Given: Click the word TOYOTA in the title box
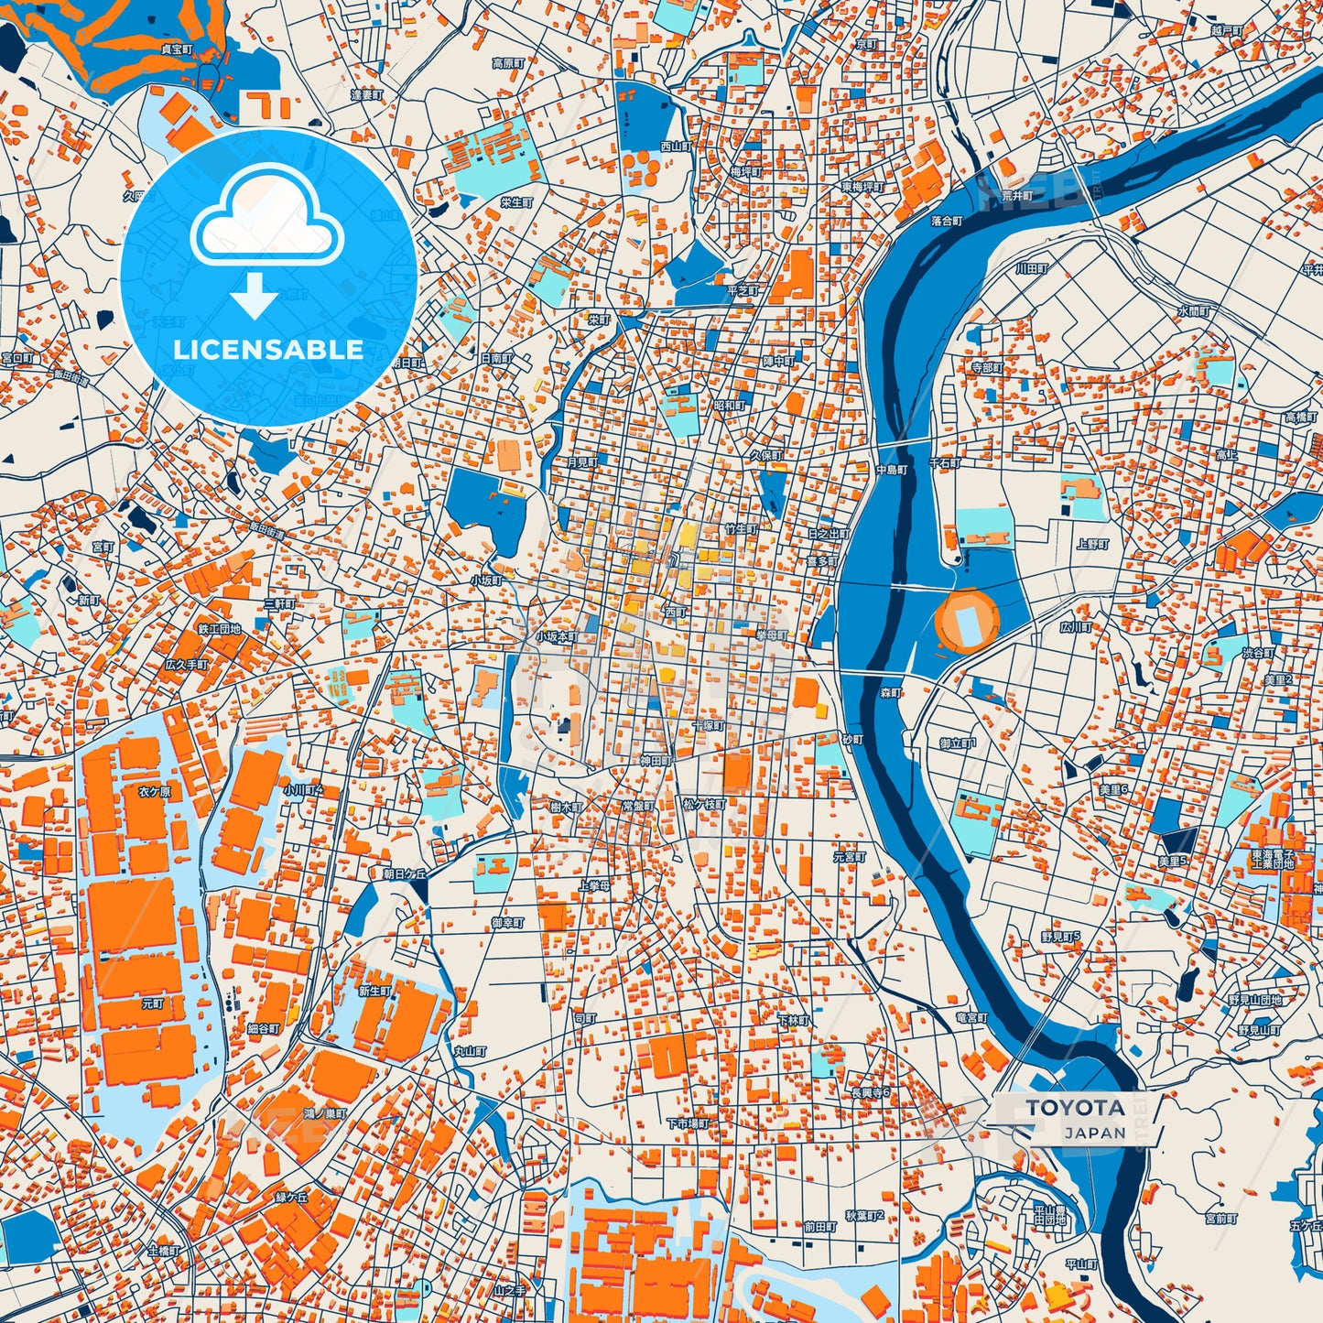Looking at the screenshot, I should coord(1075,1108).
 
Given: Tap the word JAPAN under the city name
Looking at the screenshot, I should coord(1094,1133).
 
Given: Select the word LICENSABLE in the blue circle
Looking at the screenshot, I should coord(268,350).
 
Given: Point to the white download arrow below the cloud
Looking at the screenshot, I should coord(255,297).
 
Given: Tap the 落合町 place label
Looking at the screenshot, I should coord(947,221).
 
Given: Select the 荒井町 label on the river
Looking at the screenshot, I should coord(1016,196).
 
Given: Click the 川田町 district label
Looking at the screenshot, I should coord(1031,269).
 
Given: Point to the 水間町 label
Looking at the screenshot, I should coord(1194,311).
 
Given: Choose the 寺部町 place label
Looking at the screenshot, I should coord(987,367).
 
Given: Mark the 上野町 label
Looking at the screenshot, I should coord(1093,544).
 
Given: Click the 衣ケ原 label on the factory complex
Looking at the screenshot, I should coord(154,792).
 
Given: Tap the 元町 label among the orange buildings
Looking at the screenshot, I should coord(152,1003).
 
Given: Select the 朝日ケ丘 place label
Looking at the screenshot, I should coord(405,874).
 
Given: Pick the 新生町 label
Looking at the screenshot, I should coord(374,991).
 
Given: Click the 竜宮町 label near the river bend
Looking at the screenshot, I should coord(971,1017).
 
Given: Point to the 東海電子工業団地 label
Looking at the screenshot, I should coord(1273,859).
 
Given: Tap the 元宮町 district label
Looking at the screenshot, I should coord(849,857).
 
